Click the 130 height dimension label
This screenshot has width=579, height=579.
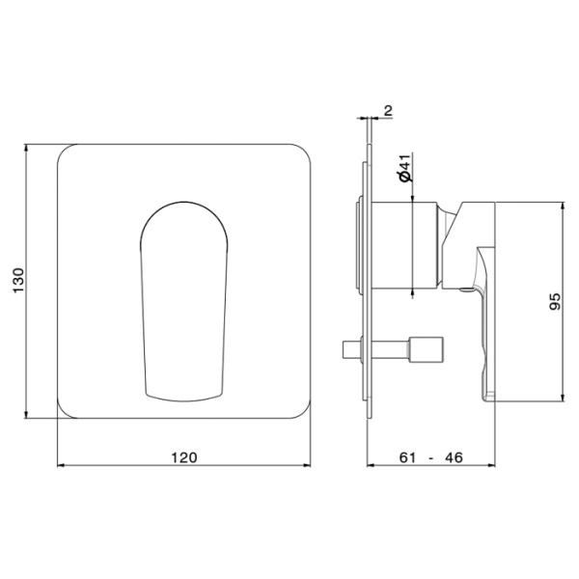click(18, 281)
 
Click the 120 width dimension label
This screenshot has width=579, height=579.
click(184, 457)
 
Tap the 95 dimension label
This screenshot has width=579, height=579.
click(555, 301)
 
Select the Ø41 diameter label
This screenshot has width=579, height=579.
click(405, 168)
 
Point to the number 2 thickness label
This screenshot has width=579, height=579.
click(388, 110)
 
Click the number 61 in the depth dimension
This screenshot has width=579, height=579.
click(407, 457)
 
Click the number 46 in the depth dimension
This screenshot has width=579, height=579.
click(454, 457)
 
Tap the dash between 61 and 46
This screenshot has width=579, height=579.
click(430, 458)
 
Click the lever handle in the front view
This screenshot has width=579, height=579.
click(184, 302)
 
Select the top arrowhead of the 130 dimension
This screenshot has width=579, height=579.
click(25, 148)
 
